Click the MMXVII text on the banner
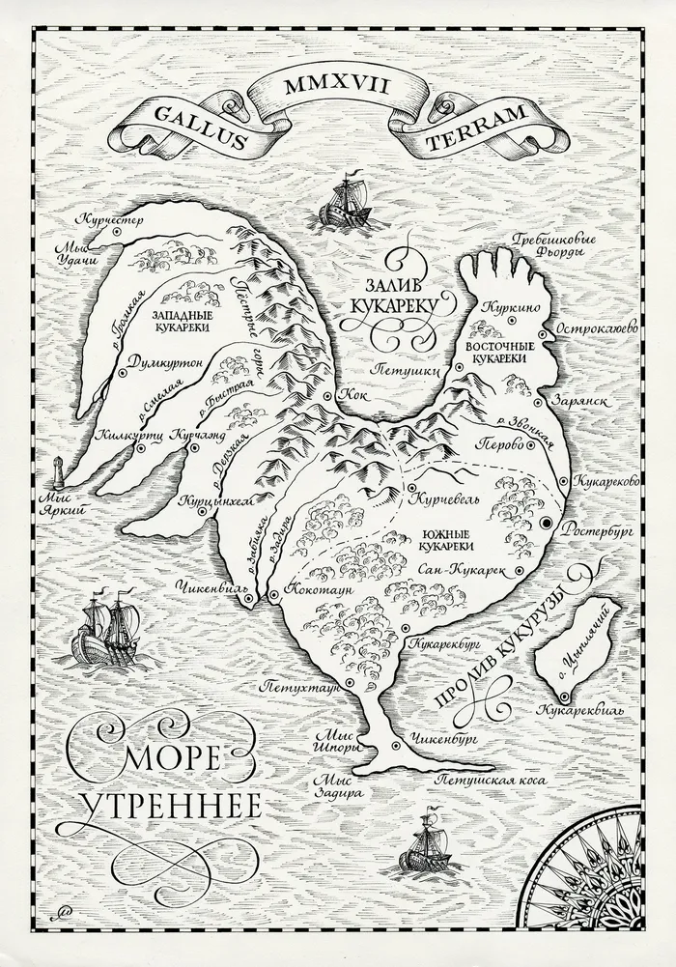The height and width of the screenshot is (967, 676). (336, 86)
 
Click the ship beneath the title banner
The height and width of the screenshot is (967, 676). (346, 202)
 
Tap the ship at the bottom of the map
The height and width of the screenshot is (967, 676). (426, 840)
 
